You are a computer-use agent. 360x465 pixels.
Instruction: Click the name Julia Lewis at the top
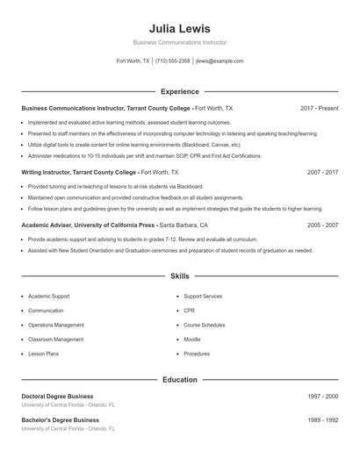[179, 28]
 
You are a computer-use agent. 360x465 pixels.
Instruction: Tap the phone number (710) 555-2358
[173, 61]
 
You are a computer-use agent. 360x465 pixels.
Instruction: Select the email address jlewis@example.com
[220, 61]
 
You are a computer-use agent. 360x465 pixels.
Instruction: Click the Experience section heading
[179, 91]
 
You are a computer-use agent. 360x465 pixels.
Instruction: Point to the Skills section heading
[179, 275]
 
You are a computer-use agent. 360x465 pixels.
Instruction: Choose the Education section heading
[179, 380]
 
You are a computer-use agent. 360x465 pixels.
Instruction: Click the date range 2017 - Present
[319, 108]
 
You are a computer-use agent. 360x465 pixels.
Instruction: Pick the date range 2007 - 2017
[322, 173]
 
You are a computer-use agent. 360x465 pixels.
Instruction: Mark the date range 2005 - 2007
[322, 225]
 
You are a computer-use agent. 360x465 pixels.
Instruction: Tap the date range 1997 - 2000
[322, 397]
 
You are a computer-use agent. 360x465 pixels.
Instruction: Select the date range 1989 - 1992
[322, 420]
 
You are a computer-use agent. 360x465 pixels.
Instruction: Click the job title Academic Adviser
[51, 225]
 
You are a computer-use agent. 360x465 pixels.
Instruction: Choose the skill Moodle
[192, 339]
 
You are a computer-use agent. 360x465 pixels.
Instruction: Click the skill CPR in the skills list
[190, 311]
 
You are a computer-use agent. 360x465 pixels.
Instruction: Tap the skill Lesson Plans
[43, 354]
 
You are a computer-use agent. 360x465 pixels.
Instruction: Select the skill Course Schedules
[205, 325]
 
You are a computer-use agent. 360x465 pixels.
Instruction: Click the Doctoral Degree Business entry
[57, 397]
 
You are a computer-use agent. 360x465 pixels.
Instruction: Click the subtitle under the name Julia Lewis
[179, 42]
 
